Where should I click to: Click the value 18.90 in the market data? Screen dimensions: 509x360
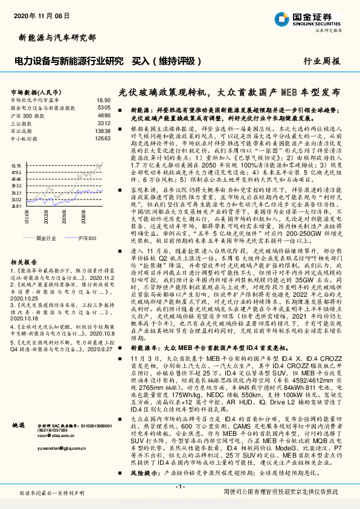pos(103,100)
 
